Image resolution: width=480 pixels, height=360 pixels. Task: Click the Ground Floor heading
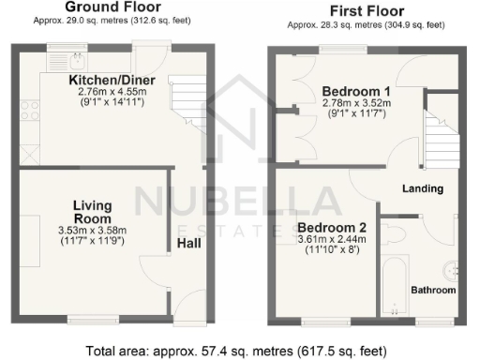pyautogui.click(x=104, y=7)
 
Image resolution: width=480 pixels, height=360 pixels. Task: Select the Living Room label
pyautogui.click(x=93, y=211)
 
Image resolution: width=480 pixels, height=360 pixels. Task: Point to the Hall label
pyautogui.click(x=187, y=243)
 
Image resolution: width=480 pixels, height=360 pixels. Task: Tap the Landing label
pyautogui.click(x=422, y=188)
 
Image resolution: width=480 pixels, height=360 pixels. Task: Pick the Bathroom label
pyautogui.click(x=433, y=291)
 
